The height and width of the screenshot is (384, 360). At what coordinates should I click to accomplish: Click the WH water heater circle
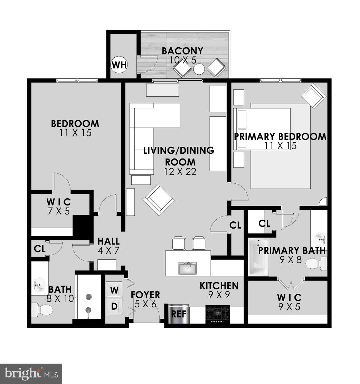(x=119, y=64)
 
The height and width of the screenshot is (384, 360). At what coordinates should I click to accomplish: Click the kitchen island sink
(x=188, y=267)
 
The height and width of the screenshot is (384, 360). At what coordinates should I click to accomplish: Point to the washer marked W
(x=114, y=289)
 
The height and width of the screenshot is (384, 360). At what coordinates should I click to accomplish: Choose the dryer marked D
(x=114, y=306)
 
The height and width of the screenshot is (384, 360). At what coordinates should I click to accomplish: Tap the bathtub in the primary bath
(x=258, y=257)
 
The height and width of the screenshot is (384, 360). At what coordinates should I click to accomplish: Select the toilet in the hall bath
(x=40, y=309)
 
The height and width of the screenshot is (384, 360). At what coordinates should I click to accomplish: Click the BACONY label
(x=182, y=51)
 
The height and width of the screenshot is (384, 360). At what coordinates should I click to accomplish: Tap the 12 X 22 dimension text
(x=180, y=171)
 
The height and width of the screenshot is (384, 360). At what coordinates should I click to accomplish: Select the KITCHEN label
(x=219, y=286)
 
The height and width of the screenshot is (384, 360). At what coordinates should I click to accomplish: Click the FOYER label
(x=145, y=295)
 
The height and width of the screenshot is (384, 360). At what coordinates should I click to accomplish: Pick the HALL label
(x=108, y=241)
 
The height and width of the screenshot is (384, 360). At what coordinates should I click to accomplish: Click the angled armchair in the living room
(x=158, y=199)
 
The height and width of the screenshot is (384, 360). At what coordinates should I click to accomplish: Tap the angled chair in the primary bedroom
(x=313, y=96)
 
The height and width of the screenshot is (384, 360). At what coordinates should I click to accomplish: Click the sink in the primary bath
(x=319, y=238)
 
